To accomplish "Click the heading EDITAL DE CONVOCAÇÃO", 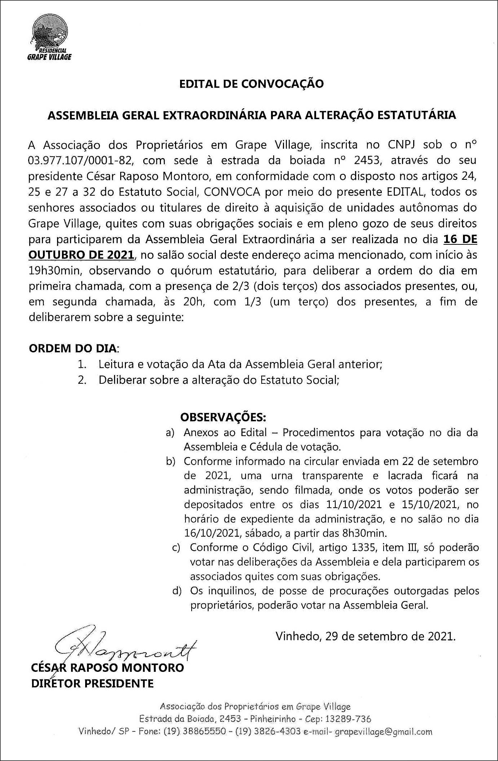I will [x=252, y=84].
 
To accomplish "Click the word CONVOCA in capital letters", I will [x=232, y=192].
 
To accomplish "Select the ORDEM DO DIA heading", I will [x=73, y=348].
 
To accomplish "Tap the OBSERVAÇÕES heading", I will [x=223, y=417].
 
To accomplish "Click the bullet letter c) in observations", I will [x=176, y=548].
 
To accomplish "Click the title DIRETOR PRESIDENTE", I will [x=92, y=683].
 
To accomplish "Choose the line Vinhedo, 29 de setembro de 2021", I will [x=366, y=636].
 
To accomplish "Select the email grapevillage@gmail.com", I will [x=384, y=732].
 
